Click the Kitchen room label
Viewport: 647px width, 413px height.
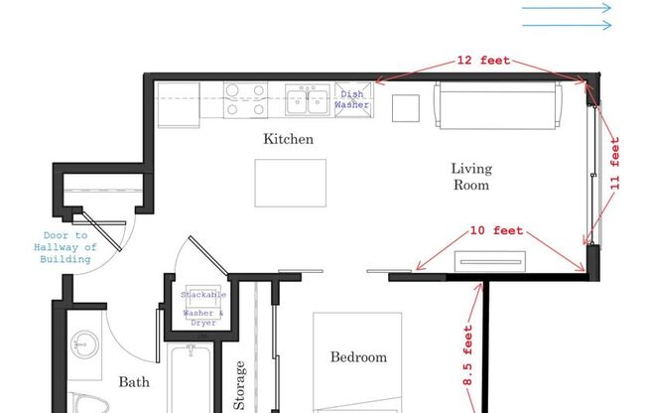click(x=288, y=139)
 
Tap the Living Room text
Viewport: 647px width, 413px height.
click(x=471, y=177)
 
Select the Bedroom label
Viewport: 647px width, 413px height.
click(x=358, y=357)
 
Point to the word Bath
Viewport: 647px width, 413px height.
click(x=134, y=381)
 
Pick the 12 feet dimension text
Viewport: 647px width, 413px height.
click(x=483, y=61)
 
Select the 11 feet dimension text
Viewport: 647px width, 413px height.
click(x=615, y=164)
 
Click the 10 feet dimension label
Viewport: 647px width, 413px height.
click(x=495, y=231)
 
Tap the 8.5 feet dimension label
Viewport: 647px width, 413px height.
click(x=467, y=355)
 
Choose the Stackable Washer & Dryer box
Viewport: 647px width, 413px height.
click(x=203, y=308)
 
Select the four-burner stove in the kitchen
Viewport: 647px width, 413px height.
click(x=245, y=99)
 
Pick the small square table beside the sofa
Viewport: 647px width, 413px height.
click(x=405, y=107)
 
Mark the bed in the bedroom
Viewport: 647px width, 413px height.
click(x=358, y=362)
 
